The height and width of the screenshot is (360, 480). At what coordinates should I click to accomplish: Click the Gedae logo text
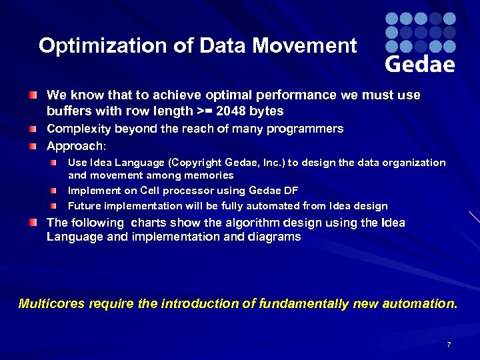tap(420, 63)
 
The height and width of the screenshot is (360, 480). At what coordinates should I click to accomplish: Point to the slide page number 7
tap(449, 345)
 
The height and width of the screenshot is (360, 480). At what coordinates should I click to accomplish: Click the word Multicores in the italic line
tap(51, 304)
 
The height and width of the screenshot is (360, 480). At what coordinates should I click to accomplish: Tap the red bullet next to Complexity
tap(33, 129)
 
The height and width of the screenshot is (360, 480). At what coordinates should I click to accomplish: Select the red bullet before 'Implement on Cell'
tap(59, 191)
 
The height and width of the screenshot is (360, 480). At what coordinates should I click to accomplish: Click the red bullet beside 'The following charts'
tap(33, 223)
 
